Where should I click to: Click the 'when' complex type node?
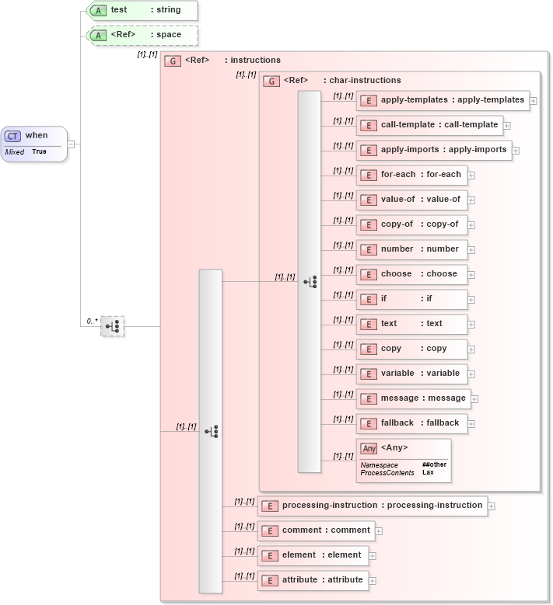point(35,143)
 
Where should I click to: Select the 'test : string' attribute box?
point(142,11)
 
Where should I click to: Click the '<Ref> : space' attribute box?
point(142,35)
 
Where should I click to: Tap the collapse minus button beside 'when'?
point(71,144)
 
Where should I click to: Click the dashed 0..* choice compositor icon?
point(113,326)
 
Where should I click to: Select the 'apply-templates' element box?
point(442,100)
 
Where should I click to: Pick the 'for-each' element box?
point(411,175)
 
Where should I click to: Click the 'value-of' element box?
point(411,200)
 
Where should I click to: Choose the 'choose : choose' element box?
point(411,274)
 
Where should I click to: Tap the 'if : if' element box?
point(411,299)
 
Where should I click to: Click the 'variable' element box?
point(411,374)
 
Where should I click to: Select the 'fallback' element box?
point(411,423)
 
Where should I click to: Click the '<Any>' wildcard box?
point(402,459)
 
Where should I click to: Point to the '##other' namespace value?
point(434,464)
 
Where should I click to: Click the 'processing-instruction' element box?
point(373,506)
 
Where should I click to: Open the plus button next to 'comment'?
point(379,531)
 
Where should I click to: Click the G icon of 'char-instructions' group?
point(271,81)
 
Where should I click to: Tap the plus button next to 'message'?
point(474,399)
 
